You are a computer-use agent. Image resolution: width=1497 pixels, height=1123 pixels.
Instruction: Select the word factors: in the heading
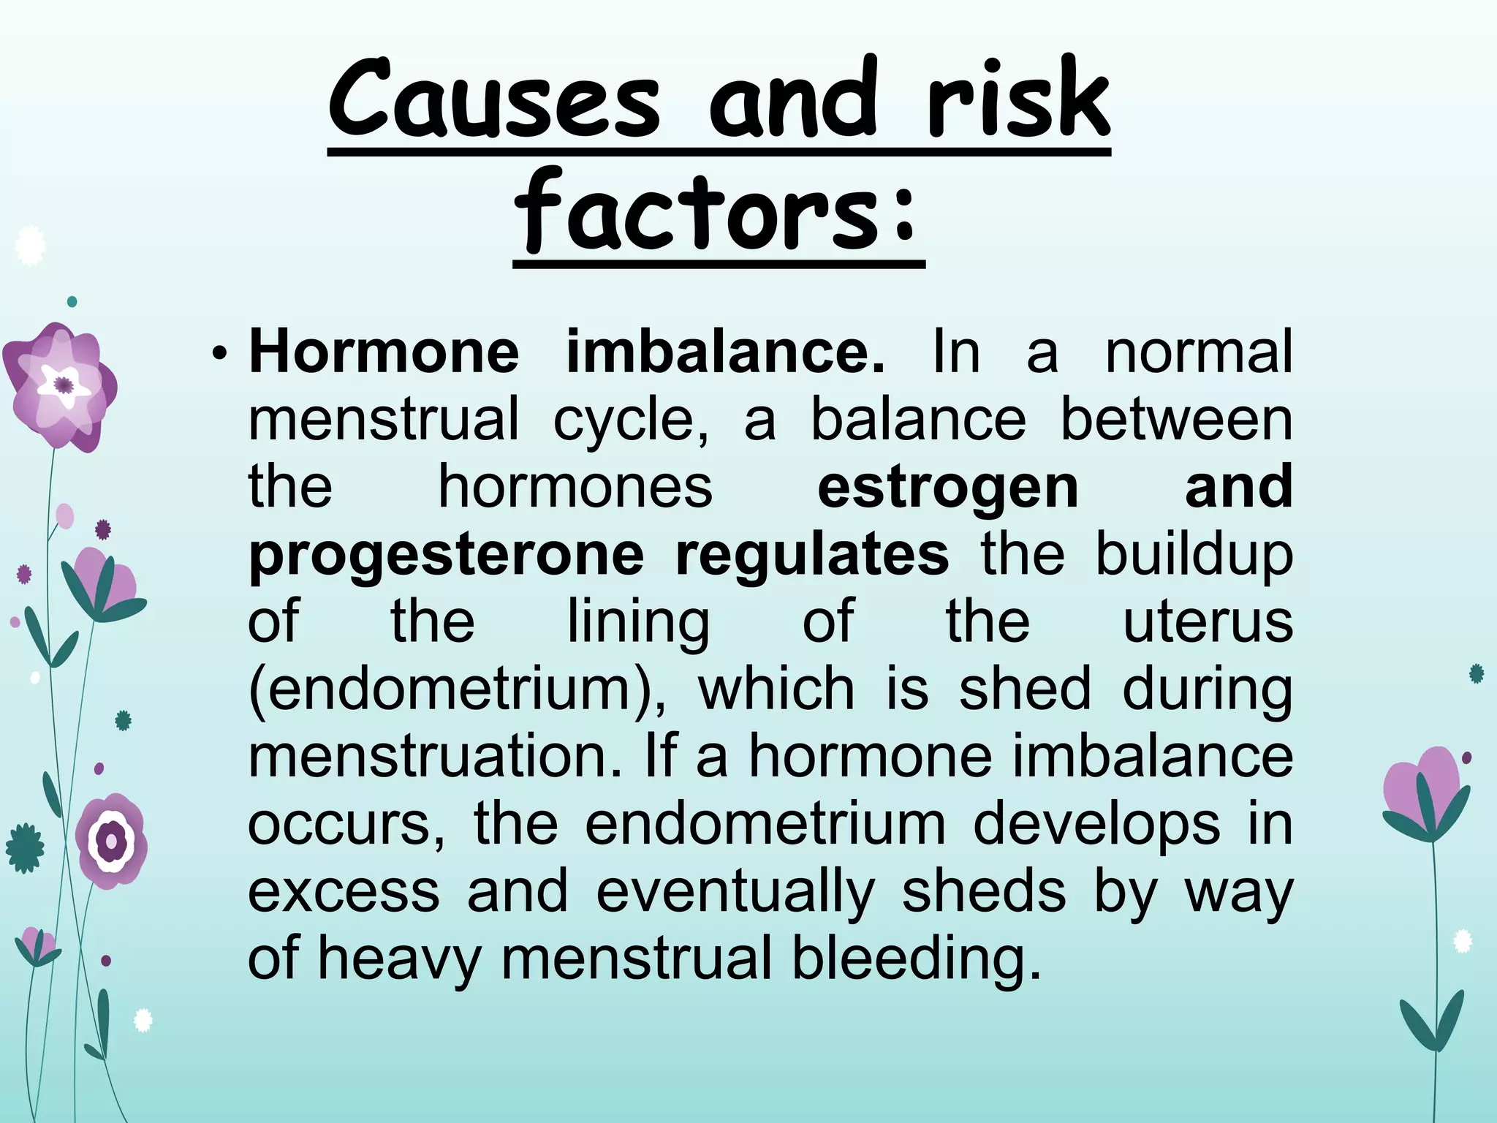tap(717, 212)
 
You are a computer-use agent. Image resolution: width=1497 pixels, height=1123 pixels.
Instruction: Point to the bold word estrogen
tap(947, 487)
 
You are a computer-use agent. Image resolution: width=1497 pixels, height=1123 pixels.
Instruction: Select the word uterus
tap(1208, 621)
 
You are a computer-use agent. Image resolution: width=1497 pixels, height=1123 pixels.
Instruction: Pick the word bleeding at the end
tap(916, 958)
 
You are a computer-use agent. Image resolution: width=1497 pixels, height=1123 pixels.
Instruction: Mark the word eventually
tap(735, 891)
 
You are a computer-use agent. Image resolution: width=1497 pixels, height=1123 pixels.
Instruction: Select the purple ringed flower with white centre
tap(112, 840)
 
